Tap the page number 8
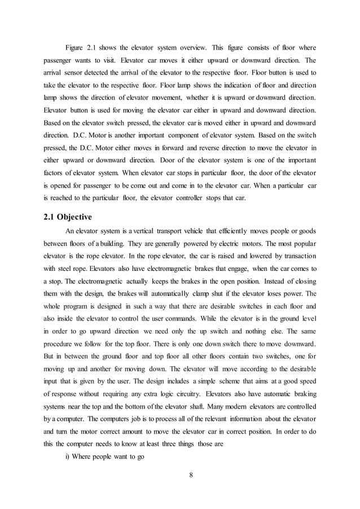click(191, 473)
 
